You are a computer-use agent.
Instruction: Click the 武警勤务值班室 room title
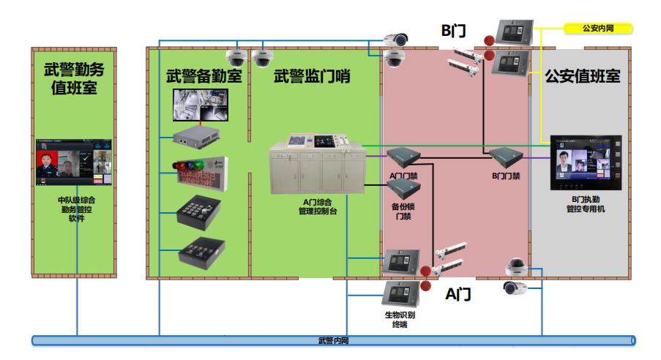(x=74, y=79)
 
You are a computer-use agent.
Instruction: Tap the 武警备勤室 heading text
(x=203, y=75)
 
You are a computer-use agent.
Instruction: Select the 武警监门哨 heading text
(x=312, y=75)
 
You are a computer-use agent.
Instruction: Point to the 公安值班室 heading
(x=582, y=76)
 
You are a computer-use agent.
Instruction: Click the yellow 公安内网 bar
(x=597, y=29)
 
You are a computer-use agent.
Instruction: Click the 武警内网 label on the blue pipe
(x=334, y=340)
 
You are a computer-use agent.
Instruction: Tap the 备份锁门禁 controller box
(x=403, y=190)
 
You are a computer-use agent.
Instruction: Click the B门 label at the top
(x=453, y=31)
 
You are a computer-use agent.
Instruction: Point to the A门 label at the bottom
(x=458, y=294)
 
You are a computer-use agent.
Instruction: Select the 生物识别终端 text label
(x=400, y=320)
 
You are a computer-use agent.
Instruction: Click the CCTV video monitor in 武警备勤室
(x=200, y=105)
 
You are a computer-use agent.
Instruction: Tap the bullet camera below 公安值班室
(x=515, y=288)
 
